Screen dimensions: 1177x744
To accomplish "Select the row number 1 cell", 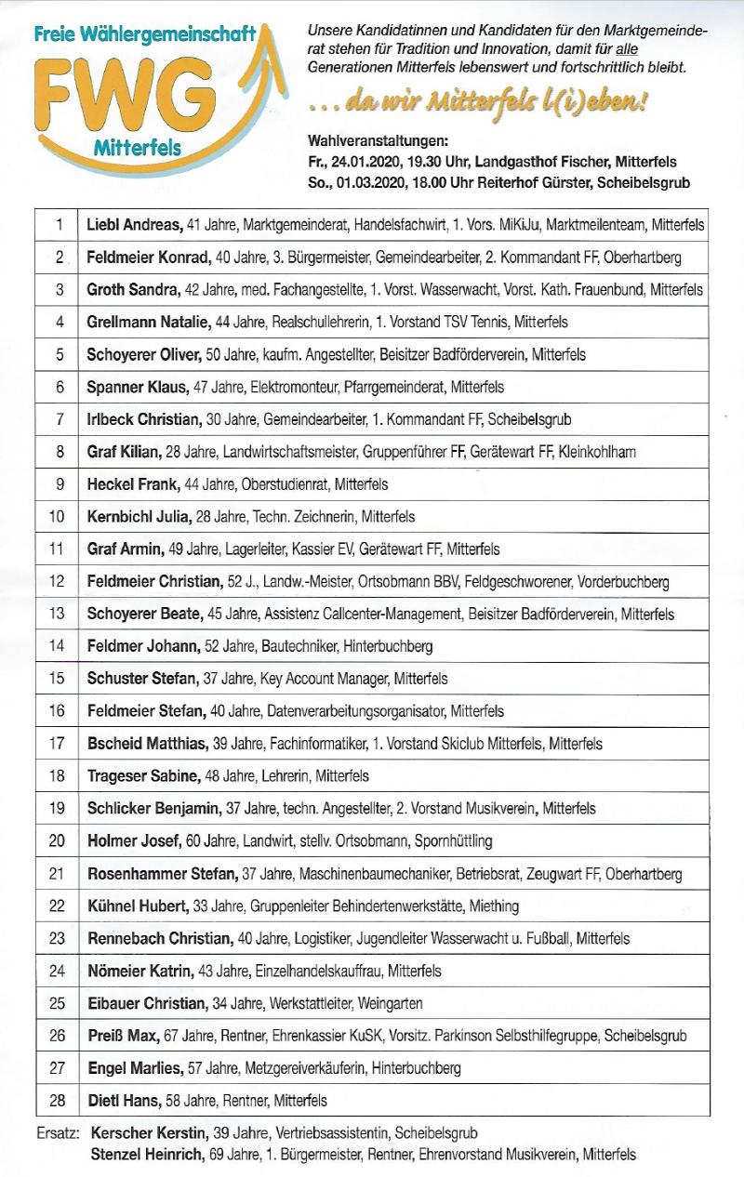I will pos(59,225).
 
